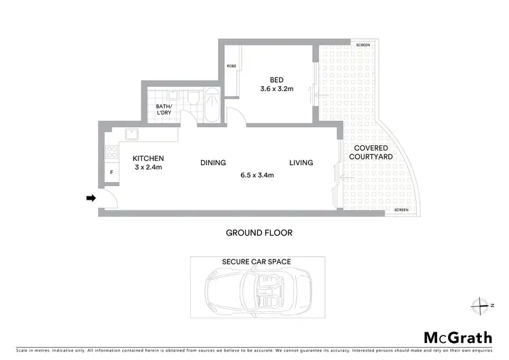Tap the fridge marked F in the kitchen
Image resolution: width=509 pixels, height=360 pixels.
[x=111, y=173]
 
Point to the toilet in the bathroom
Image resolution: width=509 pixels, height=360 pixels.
[x=193, y=99]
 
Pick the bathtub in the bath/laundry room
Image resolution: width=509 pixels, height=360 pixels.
[x=211, y=105]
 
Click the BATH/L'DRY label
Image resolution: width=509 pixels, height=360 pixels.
[x=164, y=110]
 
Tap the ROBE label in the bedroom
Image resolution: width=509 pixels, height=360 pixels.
[x=231, y=66]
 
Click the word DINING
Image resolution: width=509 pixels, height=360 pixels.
[x=212, y=162]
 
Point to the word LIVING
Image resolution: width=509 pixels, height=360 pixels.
[x=301, y=162]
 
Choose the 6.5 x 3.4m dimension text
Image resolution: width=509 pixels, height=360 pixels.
[x=257, y=175]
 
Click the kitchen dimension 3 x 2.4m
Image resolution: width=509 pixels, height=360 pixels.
[x=147, y=167]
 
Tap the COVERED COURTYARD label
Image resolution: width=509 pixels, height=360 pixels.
[x=369, y=153]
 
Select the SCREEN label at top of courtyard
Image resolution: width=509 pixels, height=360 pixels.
[x=363, y=45]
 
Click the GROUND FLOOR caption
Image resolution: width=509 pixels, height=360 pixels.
[x=259, y=232]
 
